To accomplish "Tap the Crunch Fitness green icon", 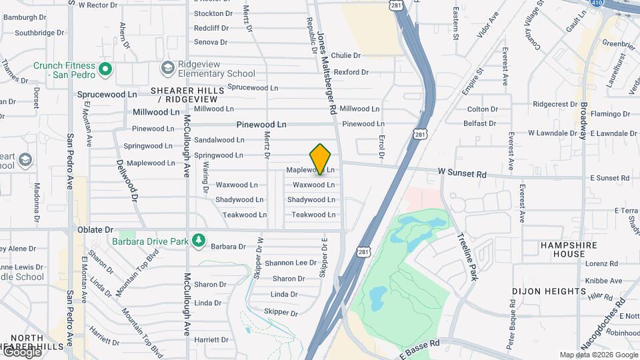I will click(105, 69).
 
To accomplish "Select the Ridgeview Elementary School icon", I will click(167, 69).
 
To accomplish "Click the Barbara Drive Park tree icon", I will click(198, 240).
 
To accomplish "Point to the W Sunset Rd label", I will click(463, 173).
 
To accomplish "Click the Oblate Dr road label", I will click(95, 229).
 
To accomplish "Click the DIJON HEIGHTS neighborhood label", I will click(549, 291).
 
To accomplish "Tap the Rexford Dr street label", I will click(351, 72).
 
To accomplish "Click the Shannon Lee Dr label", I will click(291, 263).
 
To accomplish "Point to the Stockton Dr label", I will click(213, 13).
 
